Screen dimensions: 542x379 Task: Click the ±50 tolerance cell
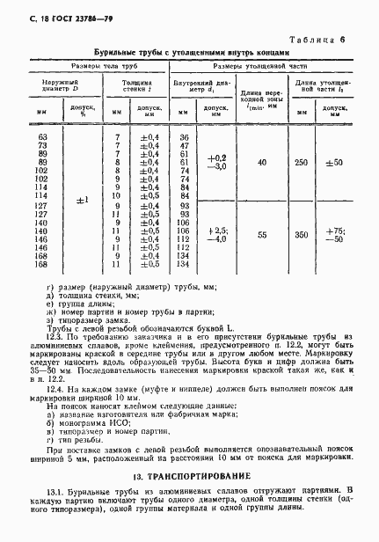click(x=335, y=163)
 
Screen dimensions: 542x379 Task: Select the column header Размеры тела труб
click(x=97, y=65)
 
